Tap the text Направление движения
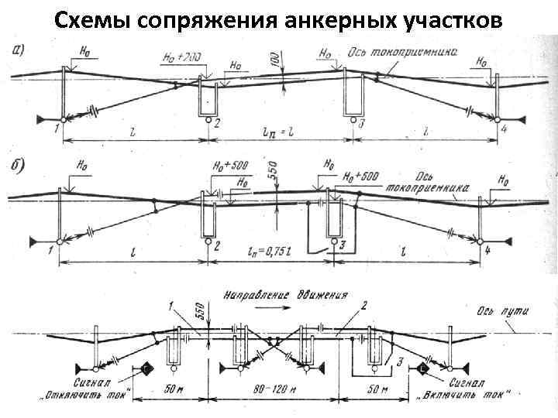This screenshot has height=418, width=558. click(x=284, y=295)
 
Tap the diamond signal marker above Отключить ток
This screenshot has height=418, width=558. click(x=146, y=370)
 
